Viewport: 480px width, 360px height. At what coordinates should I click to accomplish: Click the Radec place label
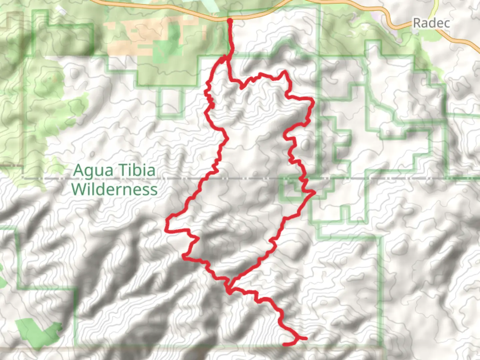pyautogui.click(x=431, y=23)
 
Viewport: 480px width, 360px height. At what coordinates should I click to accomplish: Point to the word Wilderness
pyautogui.click(x=114, y=189)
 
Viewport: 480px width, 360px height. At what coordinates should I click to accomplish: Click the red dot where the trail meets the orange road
pyautogui.click(x=230, y=21)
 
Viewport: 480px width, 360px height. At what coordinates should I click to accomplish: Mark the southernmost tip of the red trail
pyautogui.click(x=284, y=344)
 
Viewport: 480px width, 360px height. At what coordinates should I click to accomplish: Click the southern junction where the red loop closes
pyautogui.click(x=229, y=287)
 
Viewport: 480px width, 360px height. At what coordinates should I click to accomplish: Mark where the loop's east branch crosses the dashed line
pyautogui.click(x=304, y=179)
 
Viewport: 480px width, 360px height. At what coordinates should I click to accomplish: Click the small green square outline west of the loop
pyautogui.click(x=170, y=102)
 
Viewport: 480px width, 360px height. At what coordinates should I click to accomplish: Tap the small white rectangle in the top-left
pyautogui.click(x=62, y=11)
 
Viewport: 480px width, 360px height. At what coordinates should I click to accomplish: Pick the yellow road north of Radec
pyautogui.click(x=436, y=7)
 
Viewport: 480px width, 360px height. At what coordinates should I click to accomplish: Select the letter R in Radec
pyautogui.click(x=417, y=23)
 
